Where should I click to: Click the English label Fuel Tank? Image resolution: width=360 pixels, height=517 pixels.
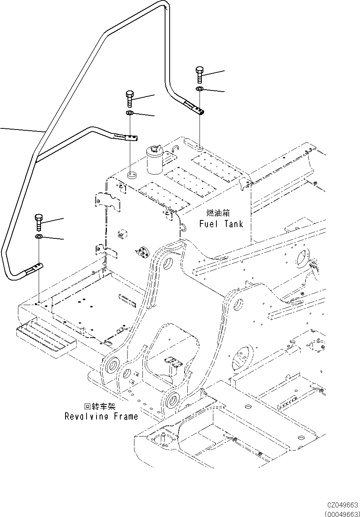(x=221, y=224)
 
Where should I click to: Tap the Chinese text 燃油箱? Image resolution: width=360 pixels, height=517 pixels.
(x=218, y=213)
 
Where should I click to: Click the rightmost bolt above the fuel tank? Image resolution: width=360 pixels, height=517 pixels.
(x=200, y=75)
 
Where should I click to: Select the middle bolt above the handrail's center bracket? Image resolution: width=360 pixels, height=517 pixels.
(x=130, y=99)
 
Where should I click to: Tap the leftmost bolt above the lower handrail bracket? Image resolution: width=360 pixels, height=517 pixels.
(x=39, y=222)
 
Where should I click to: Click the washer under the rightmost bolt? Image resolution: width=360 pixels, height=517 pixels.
(x=199, y=88)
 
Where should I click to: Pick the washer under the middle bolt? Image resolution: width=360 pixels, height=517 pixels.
(x=130, y=113)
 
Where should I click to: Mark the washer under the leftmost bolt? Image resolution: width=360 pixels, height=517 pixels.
(x=39, y=236)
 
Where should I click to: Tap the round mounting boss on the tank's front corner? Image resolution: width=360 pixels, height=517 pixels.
(x=132, y=174)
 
